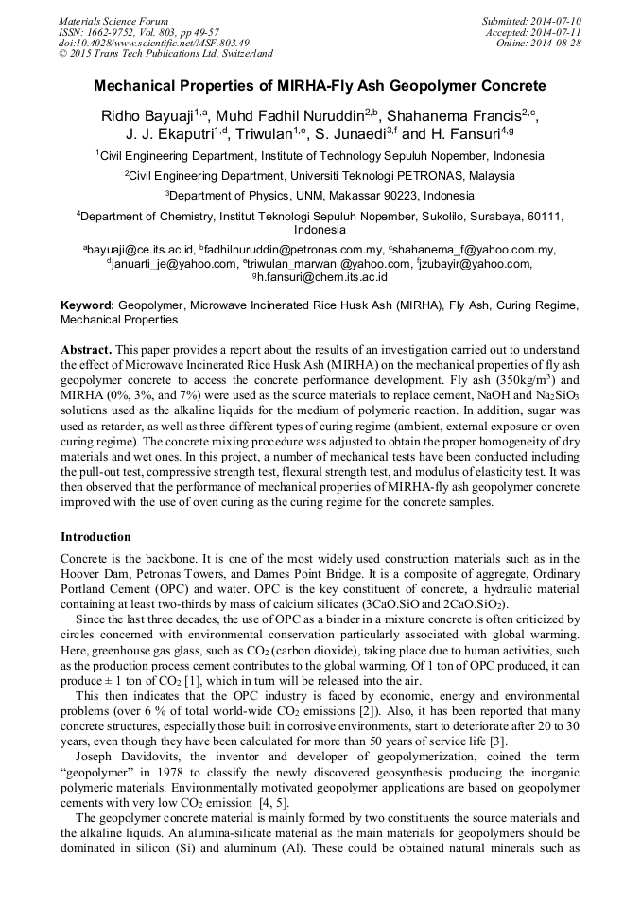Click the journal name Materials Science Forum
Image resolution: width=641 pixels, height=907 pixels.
(x=113, y=21)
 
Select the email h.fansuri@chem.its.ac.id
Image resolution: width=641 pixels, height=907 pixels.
(x=324, y=277)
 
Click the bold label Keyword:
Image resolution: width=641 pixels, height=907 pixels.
(x=87, y=306)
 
